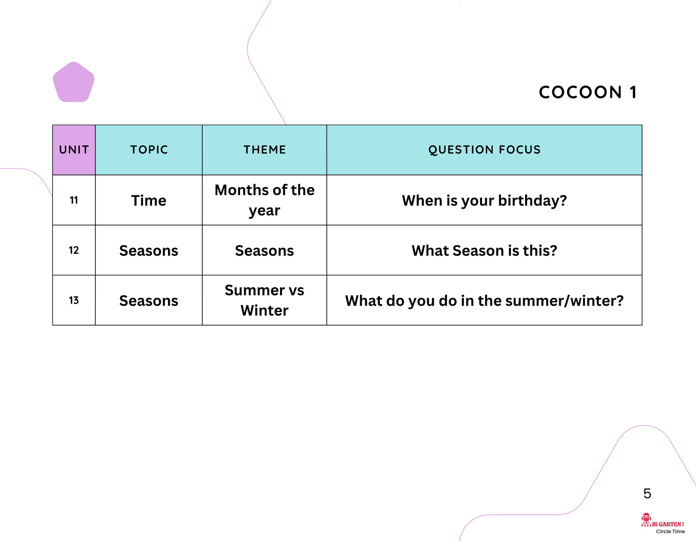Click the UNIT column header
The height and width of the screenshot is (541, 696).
pos(74,149)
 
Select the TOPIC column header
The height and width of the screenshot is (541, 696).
pos(149,149)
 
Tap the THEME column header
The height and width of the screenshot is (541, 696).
pos(265,149)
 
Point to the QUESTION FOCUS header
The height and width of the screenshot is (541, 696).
pos(484,149)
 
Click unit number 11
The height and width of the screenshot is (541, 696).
pos(74,200)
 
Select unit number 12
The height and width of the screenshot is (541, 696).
pos(74,250)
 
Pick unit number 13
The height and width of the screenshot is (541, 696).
pos(74,300)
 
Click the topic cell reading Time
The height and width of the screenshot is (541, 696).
pos(149,201)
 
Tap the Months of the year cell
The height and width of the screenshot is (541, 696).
pos(265,200)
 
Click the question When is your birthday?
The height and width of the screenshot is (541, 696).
pos(484,201)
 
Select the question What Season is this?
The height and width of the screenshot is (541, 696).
pos(484,251)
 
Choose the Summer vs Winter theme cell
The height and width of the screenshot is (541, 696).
pos(265,300)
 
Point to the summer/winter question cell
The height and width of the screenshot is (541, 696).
pos(484,301)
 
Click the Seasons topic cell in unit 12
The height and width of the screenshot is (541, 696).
pos(149,251)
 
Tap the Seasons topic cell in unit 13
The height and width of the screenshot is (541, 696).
pos(149,301)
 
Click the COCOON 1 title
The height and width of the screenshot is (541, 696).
pos(588,92)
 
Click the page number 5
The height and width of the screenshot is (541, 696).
pos(647,494)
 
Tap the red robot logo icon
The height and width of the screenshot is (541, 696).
pos(646,520)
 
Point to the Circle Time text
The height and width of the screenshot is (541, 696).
pos(670,531)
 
